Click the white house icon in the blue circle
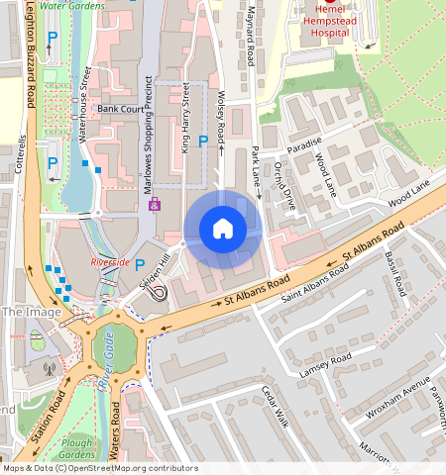pos(223,230)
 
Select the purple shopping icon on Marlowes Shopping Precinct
pos(154,205)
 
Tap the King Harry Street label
pos(185,116)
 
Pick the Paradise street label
pos(307,142)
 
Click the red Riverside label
pos(109,262)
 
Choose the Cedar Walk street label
pos(274,406)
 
